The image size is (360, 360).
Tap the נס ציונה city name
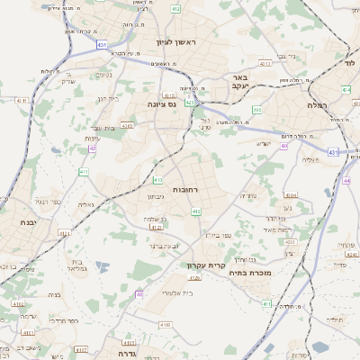click(168, 104)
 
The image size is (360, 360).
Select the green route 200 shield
click(256, 110)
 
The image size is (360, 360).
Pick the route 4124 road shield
click(65, 233)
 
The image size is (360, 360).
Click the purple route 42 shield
click(92, 148)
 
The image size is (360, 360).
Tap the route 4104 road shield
click(291, 194)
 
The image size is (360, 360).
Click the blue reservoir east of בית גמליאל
click(102, 266)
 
